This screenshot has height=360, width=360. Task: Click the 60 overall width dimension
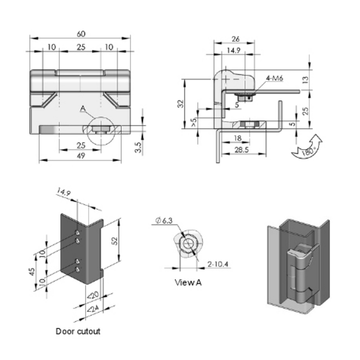pos(81,34)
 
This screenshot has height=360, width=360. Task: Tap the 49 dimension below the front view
pos(81,156)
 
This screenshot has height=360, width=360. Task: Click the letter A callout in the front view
pos(83,108)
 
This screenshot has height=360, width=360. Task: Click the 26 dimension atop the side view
pos(235,39)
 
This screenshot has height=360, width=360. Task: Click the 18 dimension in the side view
pos(237,138)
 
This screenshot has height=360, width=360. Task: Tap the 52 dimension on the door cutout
pos(115,241)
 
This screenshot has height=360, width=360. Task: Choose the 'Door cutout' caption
pos(78,331)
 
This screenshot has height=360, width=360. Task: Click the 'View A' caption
pos(188,283)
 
